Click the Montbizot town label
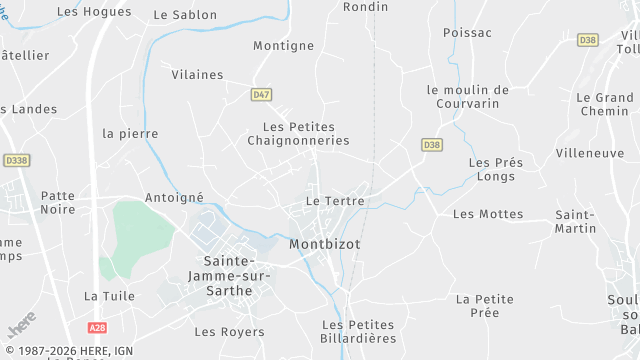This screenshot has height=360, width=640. [325, 244]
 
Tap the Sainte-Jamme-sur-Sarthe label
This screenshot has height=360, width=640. [221, 275]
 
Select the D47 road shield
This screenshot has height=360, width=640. [261, 94]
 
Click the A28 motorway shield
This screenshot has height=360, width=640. [97, 327]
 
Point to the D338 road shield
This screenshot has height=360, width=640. [16, 159]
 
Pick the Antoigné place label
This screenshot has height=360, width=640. [175, 198]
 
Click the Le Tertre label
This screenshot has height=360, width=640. [335, 201]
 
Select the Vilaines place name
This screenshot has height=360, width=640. [197, 74]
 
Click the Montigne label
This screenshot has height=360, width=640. [284, 46]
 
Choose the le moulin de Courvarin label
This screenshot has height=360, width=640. [467, 96]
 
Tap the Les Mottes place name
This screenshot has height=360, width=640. [488, 214]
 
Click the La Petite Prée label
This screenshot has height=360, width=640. [484, 305]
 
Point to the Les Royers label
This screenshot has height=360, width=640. [221, 331]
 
